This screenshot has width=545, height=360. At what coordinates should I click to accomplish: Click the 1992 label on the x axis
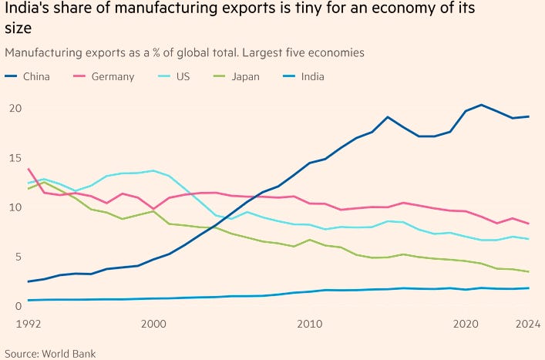tap(29, 323)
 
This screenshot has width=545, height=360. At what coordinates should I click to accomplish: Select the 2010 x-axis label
tap(309, 323)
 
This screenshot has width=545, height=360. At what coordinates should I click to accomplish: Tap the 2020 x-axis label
tap(465, 323)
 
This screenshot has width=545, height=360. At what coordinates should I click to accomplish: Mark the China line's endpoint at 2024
tap(527, 116)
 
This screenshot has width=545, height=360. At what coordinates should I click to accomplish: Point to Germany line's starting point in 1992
tap(29, 170)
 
